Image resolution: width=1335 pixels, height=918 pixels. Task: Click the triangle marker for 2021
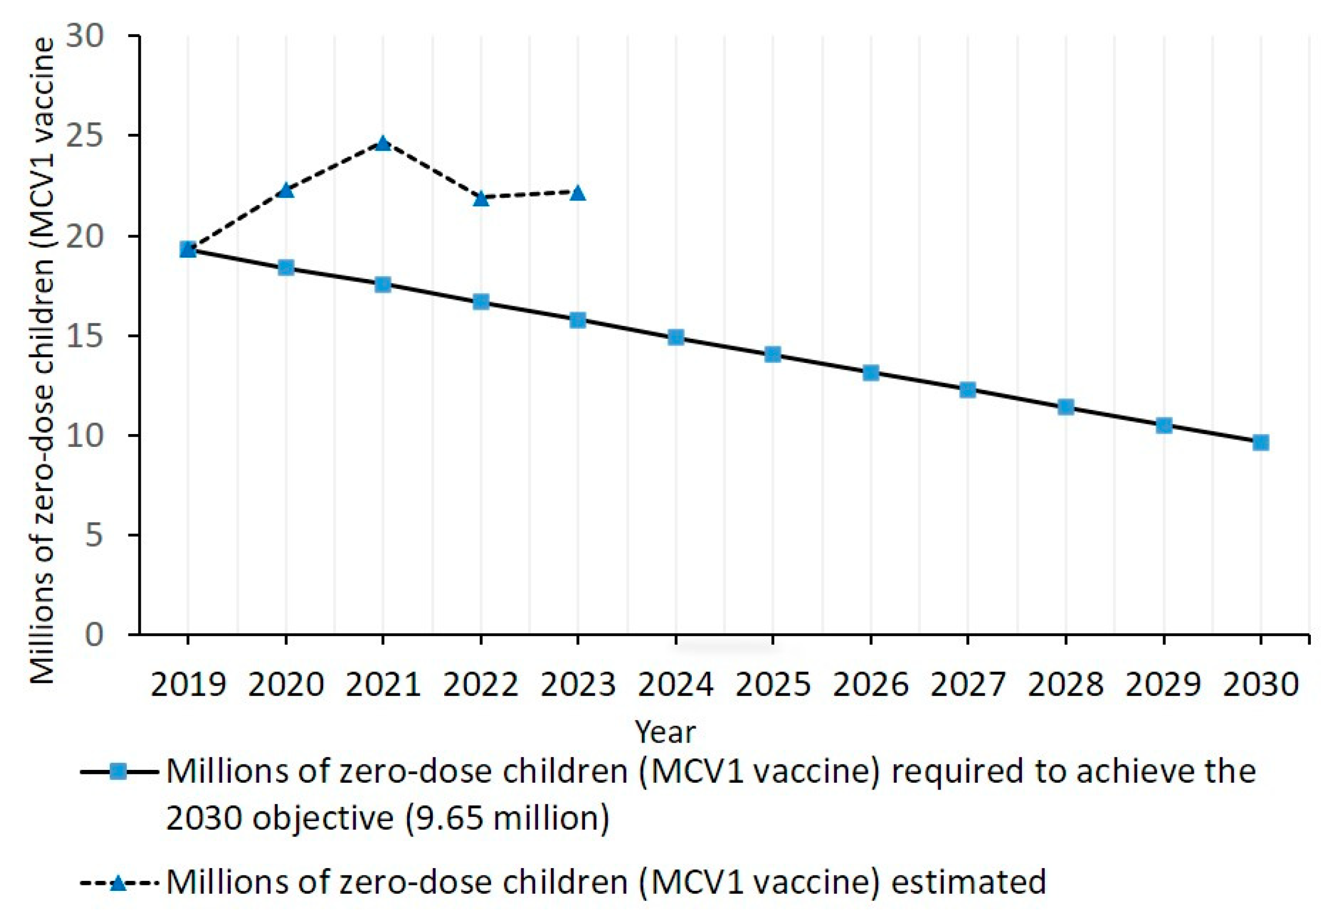[x=383, y=143]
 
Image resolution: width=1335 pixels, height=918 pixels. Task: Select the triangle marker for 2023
[x=578, y=193]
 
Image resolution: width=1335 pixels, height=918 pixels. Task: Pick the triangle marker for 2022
[x=481, y=199]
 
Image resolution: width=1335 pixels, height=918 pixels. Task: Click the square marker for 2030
[x=1261, y=442]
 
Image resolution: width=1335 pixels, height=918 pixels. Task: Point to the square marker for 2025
[x=773, y=355]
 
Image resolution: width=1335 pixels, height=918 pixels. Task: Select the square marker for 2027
[x=968, y=390]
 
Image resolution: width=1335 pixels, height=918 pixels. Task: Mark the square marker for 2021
[x=383, y=285]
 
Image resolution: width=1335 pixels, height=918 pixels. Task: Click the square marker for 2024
[x=676, y=337]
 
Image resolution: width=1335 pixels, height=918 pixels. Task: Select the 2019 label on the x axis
[x=188, y=685]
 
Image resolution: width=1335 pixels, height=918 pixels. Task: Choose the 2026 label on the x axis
[x=871, y=685]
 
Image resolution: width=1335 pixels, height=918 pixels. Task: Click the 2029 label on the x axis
[x=1163, y=685]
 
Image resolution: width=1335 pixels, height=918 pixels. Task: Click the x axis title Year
[x=666, y=732]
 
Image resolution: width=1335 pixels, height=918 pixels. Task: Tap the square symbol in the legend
[x=119, y=772]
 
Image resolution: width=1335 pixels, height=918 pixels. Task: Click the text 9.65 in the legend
[x=450, y=818]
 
